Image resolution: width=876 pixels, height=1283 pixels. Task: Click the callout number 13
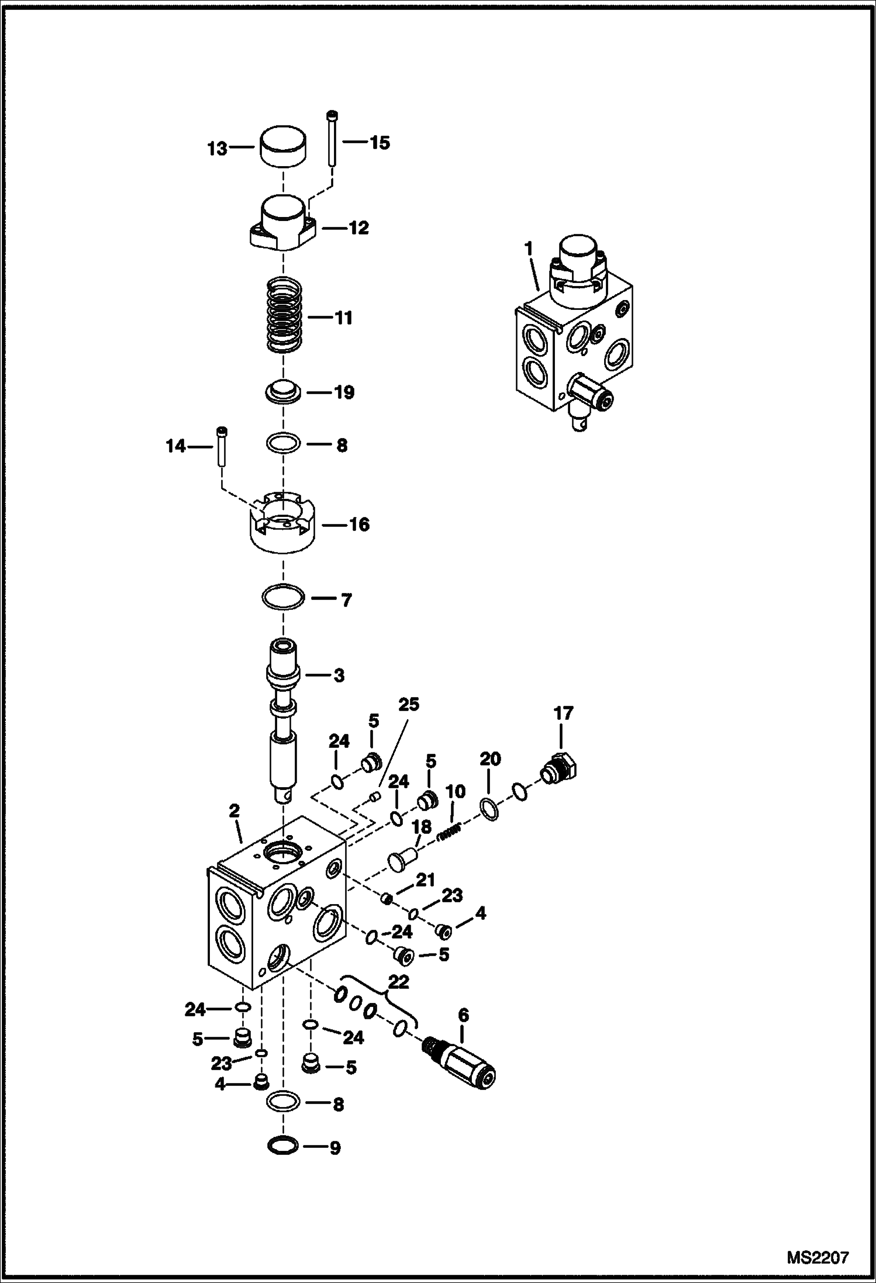[217, 149]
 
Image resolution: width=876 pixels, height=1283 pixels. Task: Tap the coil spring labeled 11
[284, 316]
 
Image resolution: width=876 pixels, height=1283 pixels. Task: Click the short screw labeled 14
[222, 446]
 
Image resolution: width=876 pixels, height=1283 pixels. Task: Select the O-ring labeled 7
[283, 598]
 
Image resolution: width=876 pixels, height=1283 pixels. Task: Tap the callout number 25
[409, 705]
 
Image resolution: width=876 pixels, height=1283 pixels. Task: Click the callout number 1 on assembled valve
[528, 249]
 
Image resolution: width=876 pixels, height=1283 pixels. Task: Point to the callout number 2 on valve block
[234, 811]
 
